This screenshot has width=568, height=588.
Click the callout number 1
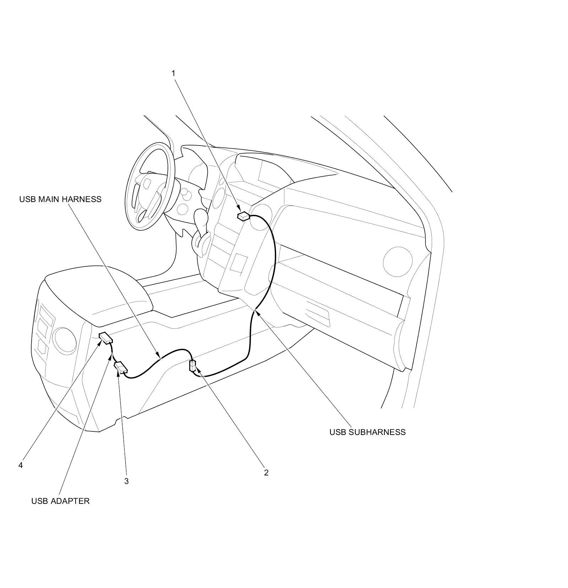tap(173, 73)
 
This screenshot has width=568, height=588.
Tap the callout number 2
tap(266, 473)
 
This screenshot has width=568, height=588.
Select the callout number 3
tap(126, 481)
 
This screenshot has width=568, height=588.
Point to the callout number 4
tap(21, 465)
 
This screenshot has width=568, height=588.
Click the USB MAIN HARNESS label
tap(60, 199)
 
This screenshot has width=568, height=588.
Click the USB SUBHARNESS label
tap(367, 432)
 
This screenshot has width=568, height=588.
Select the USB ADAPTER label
tap(60, 501)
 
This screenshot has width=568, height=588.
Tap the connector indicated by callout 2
tap(193, 365)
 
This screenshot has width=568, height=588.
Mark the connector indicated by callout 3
tap(121, 367)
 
